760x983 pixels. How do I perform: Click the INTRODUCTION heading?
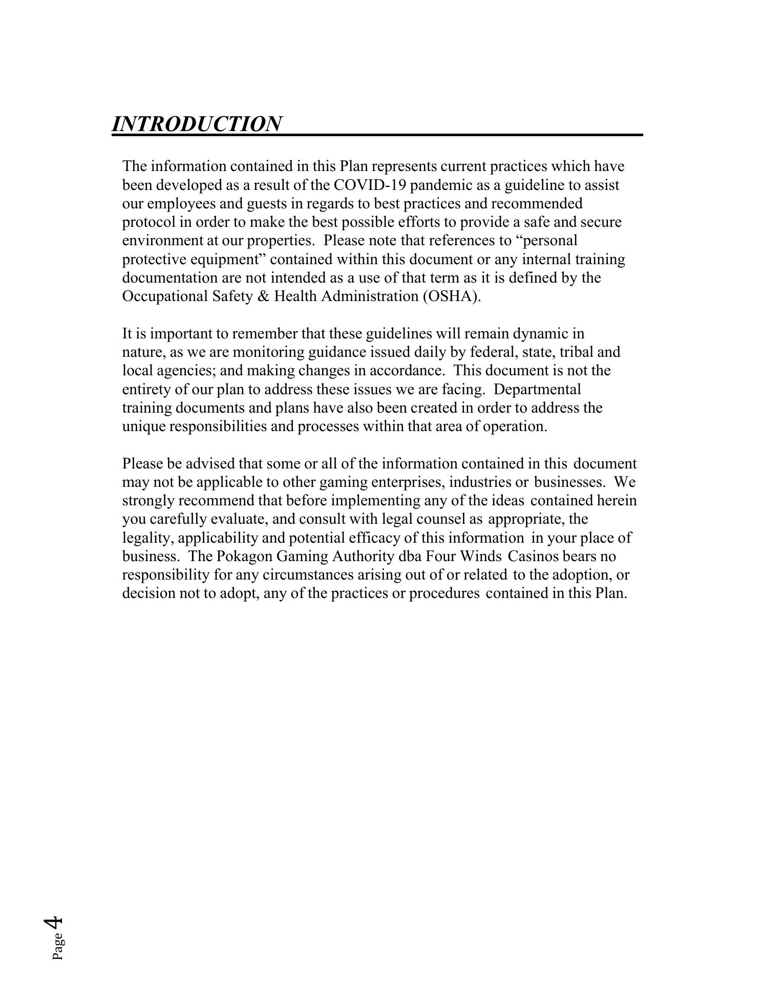click(x=196, y=124)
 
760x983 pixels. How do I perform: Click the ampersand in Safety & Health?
click(x=264, y=296)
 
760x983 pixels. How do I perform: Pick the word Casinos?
click(x=533, y=556)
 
